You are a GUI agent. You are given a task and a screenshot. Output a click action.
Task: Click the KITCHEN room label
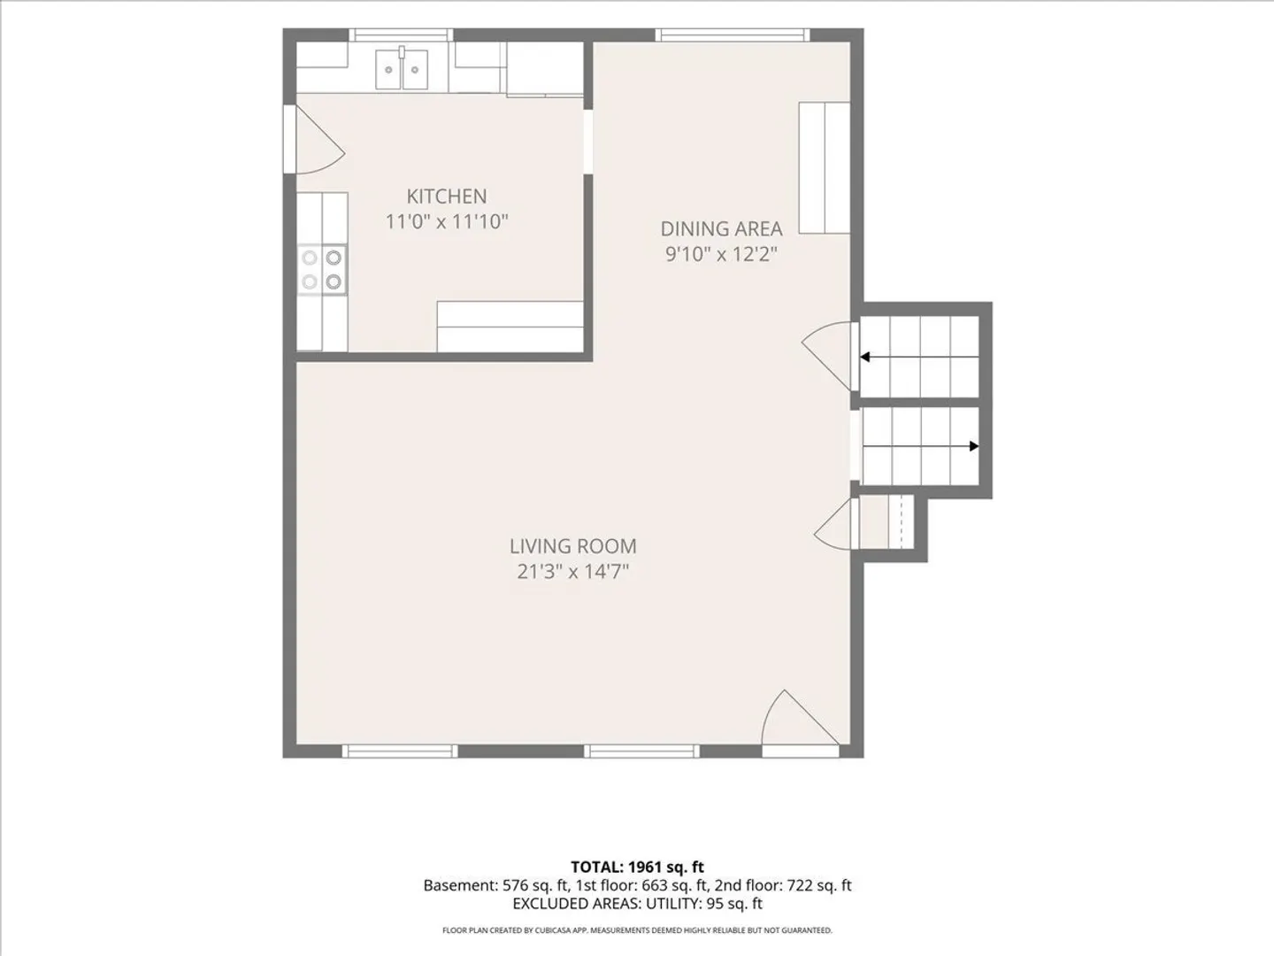446,197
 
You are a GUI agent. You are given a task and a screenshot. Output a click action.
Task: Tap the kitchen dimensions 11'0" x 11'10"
447,221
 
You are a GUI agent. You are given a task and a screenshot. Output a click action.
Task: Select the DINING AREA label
721,228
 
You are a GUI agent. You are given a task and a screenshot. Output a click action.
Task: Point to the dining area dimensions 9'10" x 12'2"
721,254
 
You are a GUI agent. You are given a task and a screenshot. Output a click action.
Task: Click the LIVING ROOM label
573,546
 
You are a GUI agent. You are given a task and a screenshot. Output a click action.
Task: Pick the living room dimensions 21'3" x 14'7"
573,572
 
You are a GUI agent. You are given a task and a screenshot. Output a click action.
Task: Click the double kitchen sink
402,70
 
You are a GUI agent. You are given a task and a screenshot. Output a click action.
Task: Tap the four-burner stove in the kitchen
322,269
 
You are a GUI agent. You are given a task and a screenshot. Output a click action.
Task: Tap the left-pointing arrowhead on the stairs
864,357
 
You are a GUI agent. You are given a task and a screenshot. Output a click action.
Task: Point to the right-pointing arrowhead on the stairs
974,446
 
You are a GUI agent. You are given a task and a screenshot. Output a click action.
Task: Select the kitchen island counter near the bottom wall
510,327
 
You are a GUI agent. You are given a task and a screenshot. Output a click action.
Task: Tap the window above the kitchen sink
401,35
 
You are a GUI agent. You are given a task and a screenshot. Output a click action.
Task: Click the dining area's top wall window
733,35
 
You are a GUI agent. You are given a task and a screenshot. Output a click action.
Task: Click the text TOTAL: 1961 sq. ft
637,867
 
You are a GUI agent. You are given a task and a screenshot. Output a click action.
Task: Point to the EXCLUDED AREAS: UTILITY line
637,903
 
